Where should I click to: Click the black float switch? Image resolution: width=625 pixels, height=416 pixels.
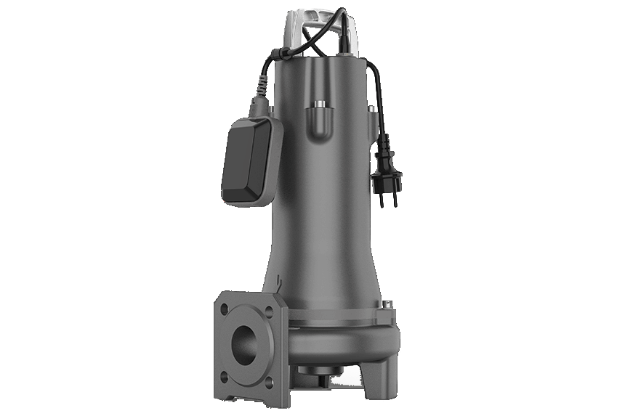pos(251,161)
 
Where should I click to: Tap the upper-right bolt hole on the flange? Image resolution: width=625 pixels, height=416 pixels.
pos(270,309)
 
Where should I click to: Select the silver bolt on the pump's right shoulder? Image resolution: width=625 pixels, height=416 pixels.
pos(372,108)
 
